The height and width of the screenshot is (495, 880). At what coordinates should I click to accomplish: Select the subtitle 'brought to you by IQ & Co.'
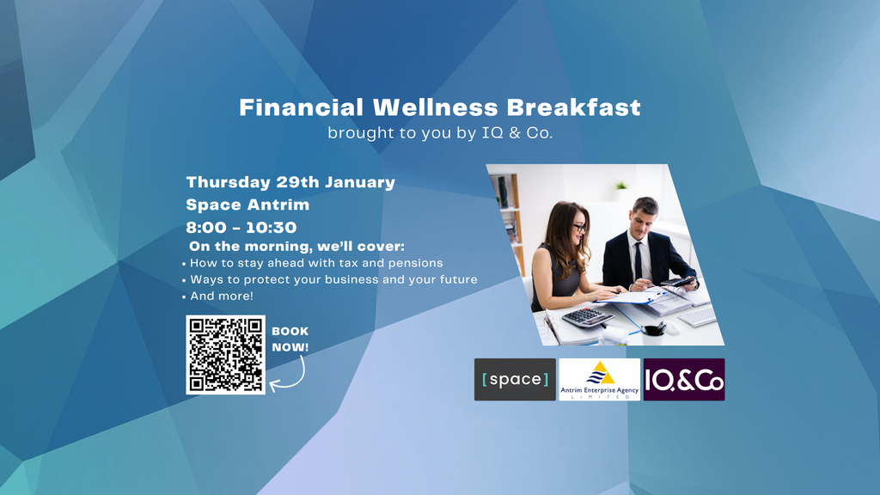(x=440, y=133)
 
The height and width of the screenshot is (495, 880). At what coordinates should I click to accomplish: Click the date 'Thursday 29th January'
(x=290, y=182)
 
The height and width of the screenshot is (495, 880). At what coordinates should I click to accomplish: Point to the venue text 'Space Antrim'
(x=247, y=205)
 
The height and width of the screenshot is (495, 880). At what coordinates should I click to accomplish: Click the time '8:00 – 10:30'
(x=241, y=227)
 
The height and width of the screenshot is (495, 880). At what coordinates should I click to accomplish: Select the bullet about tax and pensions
(x=313, y=263)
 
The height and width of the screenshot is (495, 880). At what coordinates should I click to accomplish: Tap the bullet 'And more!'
(x=217, y=296)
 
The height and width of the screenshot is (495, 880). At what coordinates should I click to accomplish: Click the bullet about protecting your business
(x=330, y=279)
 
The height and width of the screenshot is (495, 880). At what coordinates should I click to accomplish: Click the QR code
(x=226, y=355)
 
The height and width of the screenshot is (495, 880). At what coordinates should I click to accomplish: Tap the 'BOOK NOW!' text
(x=290, y=339)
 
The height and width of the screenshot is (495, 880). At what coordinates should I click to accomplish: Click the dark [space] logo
(x=516, y=379)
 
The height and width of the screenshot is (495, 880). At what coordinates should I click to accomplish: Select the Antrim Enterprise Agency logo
(x=599, y=379)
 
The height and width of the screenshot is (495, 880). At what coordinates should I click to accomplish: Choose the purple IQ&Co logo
(x=684, y=379)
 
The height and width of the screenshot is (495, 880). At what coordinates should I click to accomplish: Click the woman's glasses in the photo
(x=579, y=228)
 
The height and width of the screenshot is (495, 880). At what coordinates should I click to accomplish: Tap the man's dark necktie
(x=639, y=261)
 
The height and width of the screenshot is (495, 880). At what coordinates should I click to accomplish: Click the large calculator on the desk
(x=588, y=317)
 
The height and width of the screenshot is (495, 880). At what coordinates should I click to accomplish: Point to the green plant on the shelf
(x=620, y=186)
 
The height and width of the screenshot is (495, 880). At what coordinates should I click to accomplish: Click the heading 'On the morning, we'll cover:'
(x=296, y=247)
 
